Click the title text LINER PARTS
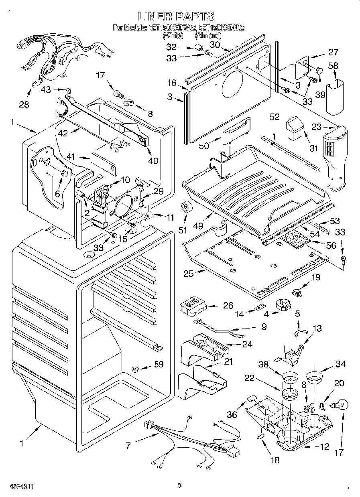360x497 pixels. [x=176, y=16]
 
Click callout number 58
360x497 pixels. [x=333, y=66]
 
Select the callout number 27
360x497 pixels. [x=334, y=52]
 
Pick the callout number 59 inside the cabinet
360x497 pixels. [x=159, y=365]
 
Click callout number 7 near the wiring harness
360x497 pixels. [x=128, y=445]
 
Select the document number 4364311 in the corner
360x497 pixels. [x=16, y=486]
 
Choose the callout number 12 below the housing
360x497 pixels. [x=324, y=446]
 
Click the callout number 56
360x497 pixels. [x=331, y=245]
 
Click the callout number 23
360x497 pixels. [x=317, y=127]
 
